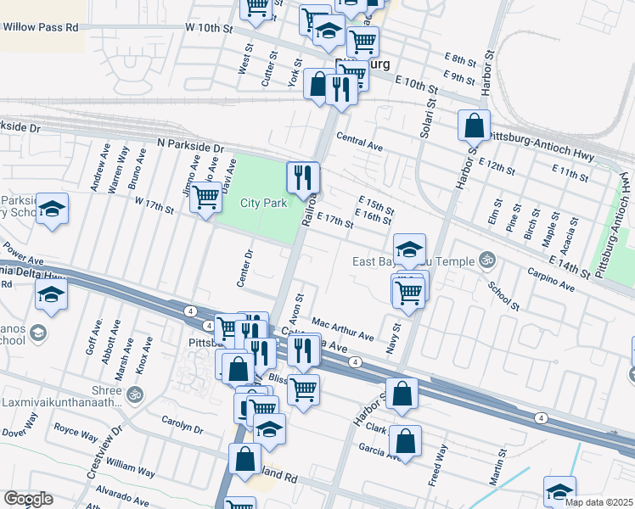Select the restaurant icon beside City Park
[303, 177]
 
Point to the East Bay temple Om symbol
[486, 258]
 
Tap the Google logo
[28, 499]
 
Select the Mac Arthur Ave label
[343, 328]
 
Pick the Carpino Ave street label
[551, 281]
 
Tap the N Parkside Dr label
[190, 147]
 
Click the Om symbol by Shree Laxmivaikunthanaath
[132, 394]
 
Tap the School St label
[503, 293]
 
